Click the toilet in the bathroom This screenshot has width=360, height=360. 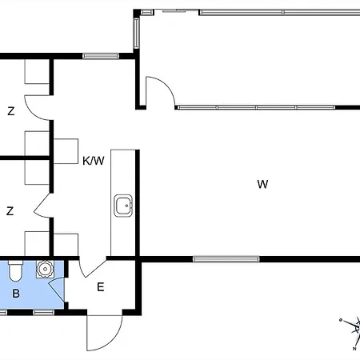(x=15, y=270)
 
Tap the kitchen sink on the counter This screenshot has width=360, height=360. (x=123, y=206)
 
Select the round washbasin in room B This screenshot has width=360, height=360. (x=45, y=269)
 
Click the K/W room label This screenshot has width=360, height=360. (x=94, y=161)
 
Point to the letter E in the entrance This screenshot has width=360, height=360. (x=101, y=287)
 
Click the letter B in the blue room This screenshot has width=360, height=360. (x=16, y=294)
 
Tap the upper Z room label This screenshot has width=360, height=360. (x=11, y=111)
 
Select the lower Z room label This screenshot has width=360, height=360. (x=10, y=211)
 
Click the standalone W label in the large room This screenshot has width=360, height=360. (x=262, y=184)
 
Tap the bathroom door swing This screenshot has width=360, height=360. (x=58, y=290)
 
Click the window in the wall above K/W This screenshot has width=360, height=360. (x=101, y=56)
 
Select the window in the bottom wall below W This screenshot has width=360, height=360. (x=226, y=259)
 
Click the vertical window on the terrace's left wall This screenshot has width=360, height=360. (x=136, y=33)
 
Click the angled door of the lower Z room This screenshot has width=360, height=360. (x=42, y=206)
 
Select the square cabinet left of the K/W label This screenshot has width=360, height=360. (x=66, y=151)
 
